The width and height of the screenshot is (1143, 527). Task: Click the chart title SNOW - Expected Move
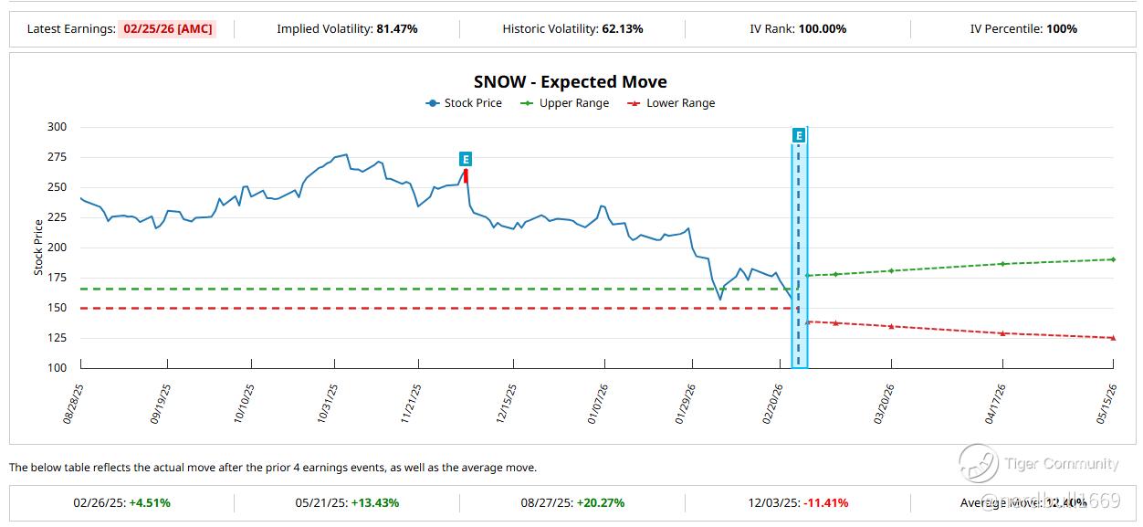point(570,82)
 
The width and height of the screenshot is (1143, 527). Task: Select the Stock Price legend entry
point(464,103)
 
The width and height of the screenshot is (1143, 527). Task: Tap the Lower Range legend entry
point(672,103)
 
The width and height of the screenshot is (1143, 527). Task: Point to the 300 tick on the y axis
point(58,127)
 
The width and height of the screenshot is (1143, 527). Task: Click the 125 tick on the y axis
point(58,338)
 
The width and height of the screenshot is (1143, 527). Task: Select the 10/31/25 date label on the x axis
point(330,403)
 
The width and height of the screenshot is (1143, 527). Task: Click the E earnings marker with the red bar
point(466,160)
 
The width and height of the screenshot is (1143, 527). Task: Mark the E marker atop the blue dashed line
point(799,136)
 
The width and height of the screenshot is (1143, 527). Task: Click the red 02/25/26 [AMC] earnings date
point(166,28)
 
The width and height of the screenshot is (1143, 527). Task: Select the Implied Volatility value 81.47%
point(397,28)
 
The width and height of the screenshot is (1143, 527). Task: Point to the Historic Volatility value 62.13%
point(623,28)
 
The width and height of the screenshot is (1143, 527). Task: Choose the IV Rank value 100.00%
point(823,28)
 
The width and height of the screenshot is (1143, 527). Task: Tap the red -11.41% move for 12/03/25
point(826,502)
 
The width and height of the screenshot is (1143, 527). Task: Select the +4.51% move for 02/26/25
point(150,502)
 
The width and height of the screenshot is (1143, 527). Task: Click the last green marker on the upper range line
point(1113,259)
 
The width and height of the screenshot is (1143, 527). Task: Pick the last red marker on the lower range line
point(1113,338)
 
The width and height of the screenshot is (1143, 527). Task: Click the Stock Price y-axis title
point(38,248)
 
